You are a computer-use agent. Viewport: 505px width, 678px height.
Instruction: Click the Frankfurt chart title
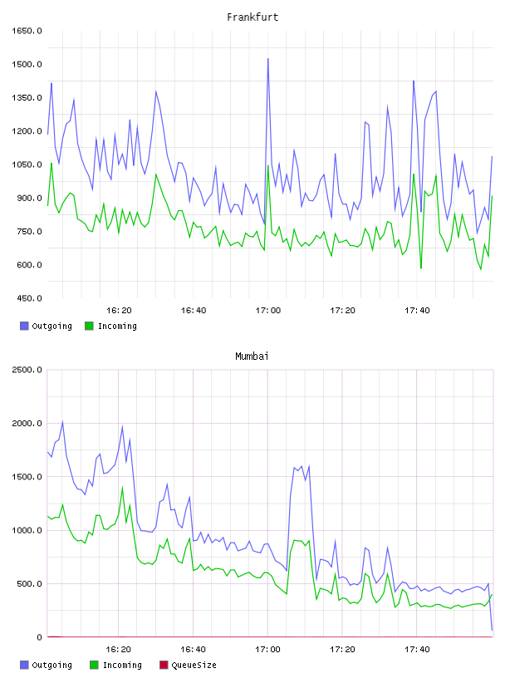[x=252, y=17]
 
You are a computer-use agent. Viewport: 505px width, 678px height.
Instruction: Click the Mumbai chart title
[x=252, y=356]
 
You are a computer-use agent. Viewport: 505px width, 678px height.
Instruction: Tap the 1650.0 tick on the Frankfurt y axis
[x=27, y=31]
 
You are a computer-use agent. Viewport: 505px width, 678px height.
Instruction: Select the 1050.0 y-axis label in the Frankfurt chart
[x=27, y=165]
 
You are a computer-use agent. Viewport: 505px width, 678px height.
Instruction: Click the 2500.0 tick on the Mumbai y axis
[x=27, y=370]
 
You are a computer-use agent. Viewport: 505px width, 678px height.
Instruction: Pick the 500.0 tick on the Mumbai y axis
[x=29, y=584]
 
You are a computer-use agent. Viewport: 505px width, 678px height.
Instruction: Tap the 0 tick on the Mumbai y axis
[x=39, y=637]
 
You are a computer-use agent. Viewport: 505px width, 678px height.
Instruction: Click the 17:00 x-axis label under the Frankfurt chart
[x=268, y=311]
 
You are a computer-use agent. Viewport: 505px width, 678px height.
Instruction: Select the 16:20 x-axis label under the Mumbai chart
[x=119, y=650]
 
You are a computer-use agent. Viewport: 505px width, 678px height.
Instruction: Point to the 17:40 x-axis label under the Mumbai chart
[x=417, y=650]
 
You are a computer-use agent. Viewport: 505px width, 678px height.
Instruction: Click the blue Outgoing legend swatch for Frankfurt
[x=24, y=326]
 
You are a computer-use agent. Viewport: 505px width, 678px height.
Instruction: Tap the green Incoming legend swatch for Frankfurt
[x=89, y=326]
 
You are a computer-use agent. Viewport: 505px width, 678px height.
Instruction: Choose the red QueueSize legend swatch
[x=164, y=665]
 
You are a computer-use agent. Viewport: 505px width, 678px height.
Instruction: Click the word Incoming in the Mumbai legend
[x=122, y=666]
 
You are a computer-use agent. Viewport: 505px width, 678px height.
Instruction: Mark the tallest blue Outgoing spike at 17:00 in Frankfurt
[x=268, y=59]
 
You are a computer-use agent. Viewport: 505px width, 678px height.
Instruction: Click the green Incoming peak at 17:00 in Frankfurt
[x=268, y=166]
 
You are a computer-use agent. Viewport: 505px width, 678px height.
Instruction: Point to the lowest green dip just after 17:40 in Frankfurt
[x=421, y=268]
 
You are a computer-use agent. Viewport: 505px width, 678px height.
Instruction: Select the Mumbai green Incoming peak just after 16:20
[x=122, y=488]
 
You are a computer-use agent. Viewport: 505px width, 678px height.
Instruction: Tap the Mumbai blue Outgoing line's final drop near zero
[x=492, y=630]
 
